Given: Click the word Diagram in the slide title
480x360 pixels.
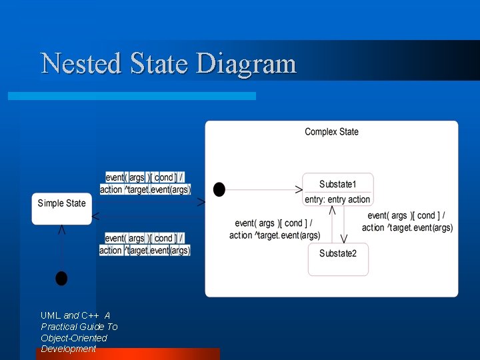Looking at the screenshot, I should pos(246,64).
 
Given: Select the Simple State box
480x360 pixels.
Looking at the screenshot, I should pos(61,208).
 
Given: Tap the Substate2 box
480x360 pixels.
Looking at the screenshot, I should pos(338,259).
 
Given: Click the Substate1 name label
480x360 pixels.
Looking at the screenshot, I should pos(338,184).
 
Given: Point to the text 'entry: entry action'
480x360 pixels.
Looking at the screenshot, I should pos(337,199).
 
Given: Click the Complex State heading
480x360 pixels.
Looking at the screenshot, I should pos(331,132).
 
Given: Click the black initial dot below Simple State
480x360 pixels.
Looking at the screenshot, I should pos(61,278).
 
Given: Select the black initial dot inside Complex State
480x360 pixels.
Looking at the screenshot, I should pos(219,189).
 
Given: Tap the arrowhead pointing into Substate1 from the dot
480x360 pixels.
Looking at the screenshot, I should pos(299,189).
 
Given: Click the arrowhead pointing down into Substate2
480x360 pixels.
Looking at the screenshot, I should pos(344,239).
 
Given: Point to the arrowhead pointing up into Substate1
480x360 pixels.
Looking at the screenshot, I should pos(332,210).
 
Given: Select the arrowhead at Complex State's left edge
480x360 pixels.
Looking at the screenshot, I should pos(201,201).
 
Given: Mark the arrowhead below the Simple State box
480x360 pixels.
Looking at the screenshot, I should pos(62,229).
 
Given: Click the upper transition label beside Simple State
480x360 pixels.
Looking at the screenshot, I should pos(145,183).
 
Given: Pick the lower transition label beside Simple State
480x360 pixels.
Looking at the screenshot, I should pos(145,244).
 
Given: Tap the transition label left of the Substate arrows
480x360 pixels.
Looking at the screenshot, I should pos(275,229).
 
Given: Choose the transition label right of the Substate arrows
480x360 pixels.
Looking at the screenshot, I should pos(407,222).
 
